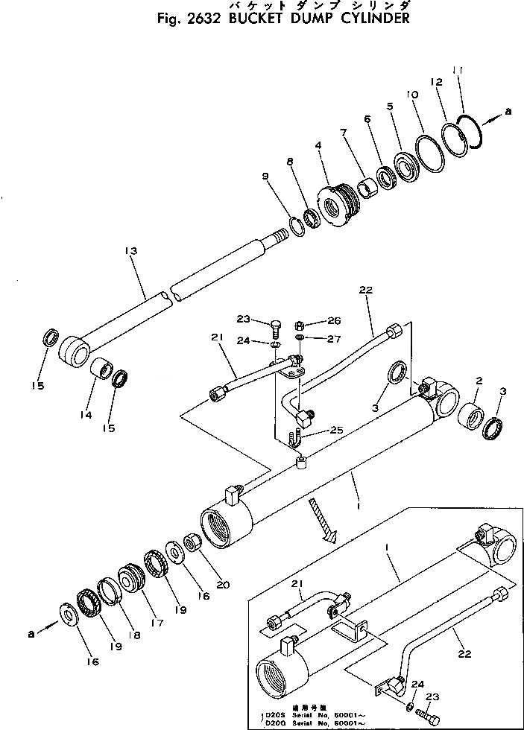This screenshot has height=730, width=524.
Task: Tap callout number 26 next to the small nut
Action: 333,321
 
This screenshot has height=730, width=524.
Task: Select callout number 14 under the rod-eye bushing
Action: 87,415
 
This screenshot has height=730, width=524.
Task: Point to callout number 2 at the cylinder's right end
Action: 479,381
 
